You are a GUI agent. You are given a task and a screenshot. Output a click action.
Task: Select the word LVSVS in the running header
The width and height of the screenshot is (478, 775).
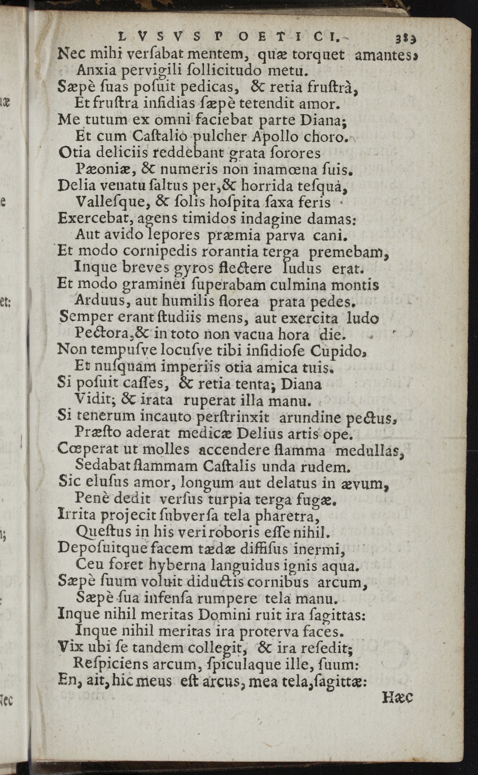tap(159, 38)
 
